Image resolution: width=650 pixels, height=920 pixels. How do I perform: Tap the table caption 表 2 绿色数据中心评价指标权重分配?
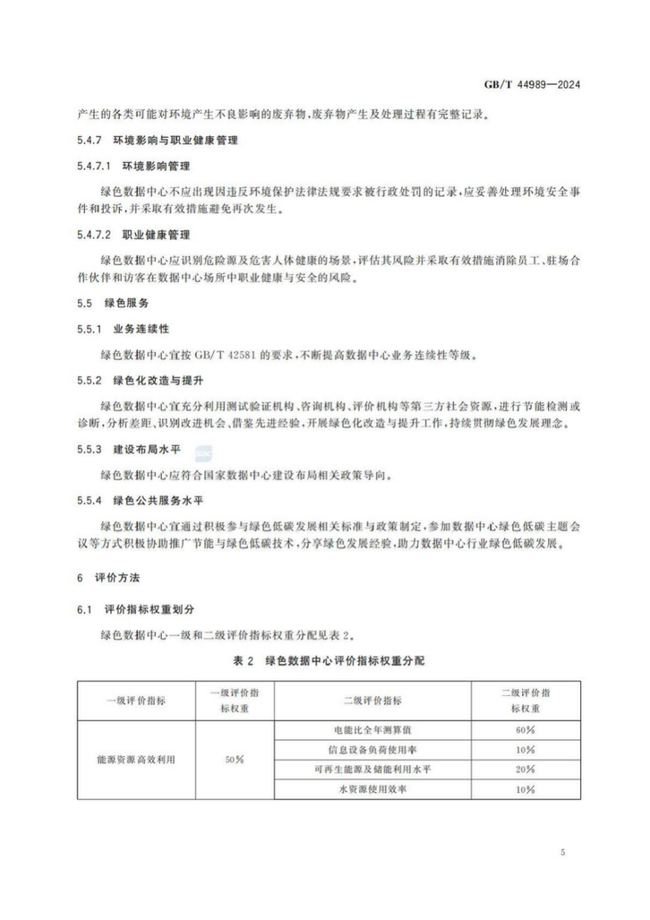329,660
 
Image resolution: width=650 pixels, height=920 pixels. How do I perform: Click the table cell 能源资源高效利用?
135,760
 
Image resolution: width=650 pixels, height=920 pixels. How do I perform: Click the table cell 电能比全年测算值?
372,730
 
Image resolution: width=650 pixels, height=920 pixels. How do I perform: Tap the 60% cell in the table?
525,730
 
